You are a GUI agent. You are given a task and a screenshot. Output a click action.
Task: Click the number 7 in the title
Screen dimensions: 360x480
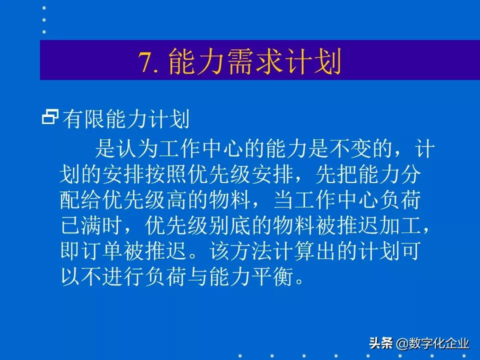click(146, 62)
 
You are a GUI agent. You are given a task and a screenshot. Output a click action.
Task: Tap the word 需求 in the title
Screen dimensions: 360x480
click(242, 62)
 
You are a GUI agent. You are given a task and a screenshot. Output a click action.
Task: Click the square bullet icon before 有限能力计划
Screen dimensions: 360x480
click(50, 117)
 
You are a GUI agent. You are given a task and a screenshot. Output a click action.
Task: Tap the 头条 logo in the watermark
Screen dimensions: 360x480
click(381, 343)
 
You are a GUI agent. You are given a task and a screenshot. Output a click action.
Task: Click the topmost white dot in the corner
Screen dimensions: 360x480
click(44, 8)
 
